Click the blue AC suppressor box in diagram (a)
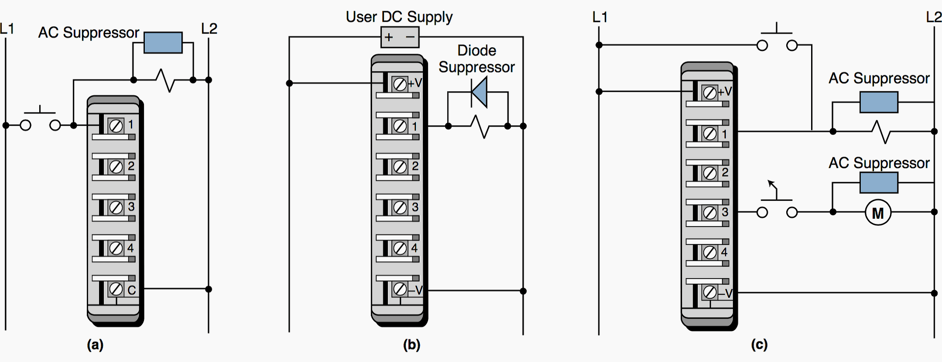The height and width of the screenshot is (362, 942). pos(163,42)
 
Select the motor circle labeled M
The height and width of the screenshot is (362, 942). pos(877,213)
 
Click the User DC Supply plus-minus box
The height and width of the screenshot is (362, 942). pos(400,37)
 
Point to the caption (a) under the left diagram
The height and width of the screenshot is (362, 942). pos(95,345)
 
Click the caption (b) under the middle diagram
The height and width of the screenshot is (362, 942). pos(411,345)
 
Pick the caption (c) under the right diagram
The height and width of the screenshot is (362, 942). pos(759,345)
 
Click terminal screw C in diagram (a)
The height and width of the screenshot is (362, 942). pos(116,289)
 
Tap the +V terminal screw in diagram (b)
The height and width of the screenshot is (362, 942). pos(400,84)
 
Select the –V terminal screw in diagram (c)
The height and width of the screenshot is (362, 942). pos(710,292)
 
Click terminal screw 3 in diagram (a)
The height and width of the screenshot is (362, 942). pos(116,207)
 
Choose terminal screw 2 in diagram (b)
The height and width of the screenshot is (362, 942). pos(400,167)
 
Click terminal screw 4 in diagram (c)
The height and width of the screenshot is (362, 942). pos(710,252)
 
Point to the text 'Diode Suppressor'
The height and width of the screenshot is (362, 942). pos(476,59)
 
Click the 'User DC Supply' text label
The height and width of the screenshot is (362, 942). pos(399,17)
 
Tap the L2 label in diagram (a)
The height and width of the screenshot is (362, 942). pos(209,29)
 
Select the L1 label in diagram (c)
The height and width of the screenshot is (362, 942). pos(600,17)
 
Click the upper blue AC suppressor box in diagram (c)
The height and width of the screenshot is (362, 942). pos(879,102)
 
